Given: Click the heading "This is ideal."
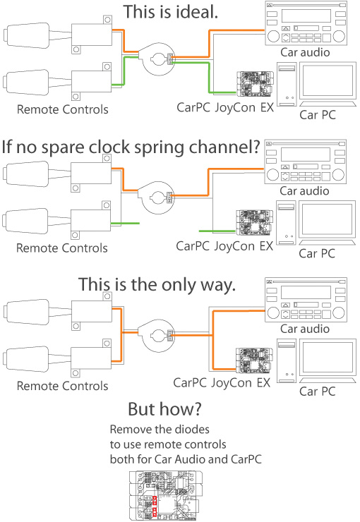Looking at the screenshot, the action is coord(171,12).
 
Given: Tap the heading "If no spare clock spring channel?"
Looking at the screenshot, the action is coord(131,147).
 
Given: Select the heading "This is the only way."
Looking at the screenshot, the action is coord(157,285).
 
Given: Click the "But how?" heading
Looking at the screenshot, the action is coord(165,409).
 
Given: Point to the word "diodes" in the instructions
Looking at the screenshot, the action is coord(193,430).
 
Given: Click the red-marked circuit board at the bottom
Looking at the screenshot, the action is coord(165,495).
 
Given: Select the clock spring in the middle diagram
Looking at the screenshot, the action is coord(156,198).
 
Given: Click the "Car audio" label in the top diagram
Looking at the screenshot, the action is coord(305,52).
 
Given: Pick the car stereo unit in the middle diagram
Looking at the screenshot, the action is coord(306,162).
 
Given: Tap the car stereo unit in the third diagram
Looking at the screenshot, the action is coord(306,300).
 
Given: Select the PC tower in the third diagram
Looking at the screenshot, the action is coord(286,360).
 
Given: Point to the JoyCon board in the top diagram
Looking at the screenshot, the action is coord(255,83).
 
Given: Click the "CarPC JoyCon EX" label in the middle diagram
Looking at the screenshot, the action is coord(224,246).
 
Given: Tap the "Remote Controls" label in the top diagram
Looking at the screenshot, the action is coord(63,109).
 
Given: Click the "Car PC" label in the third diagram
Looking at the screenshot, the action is coord(318,391).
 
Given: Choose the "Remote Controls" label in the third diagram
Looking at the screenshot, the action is coord(63,386).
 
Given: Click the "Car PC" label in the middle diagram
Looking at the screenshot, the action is coord(317,254).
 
